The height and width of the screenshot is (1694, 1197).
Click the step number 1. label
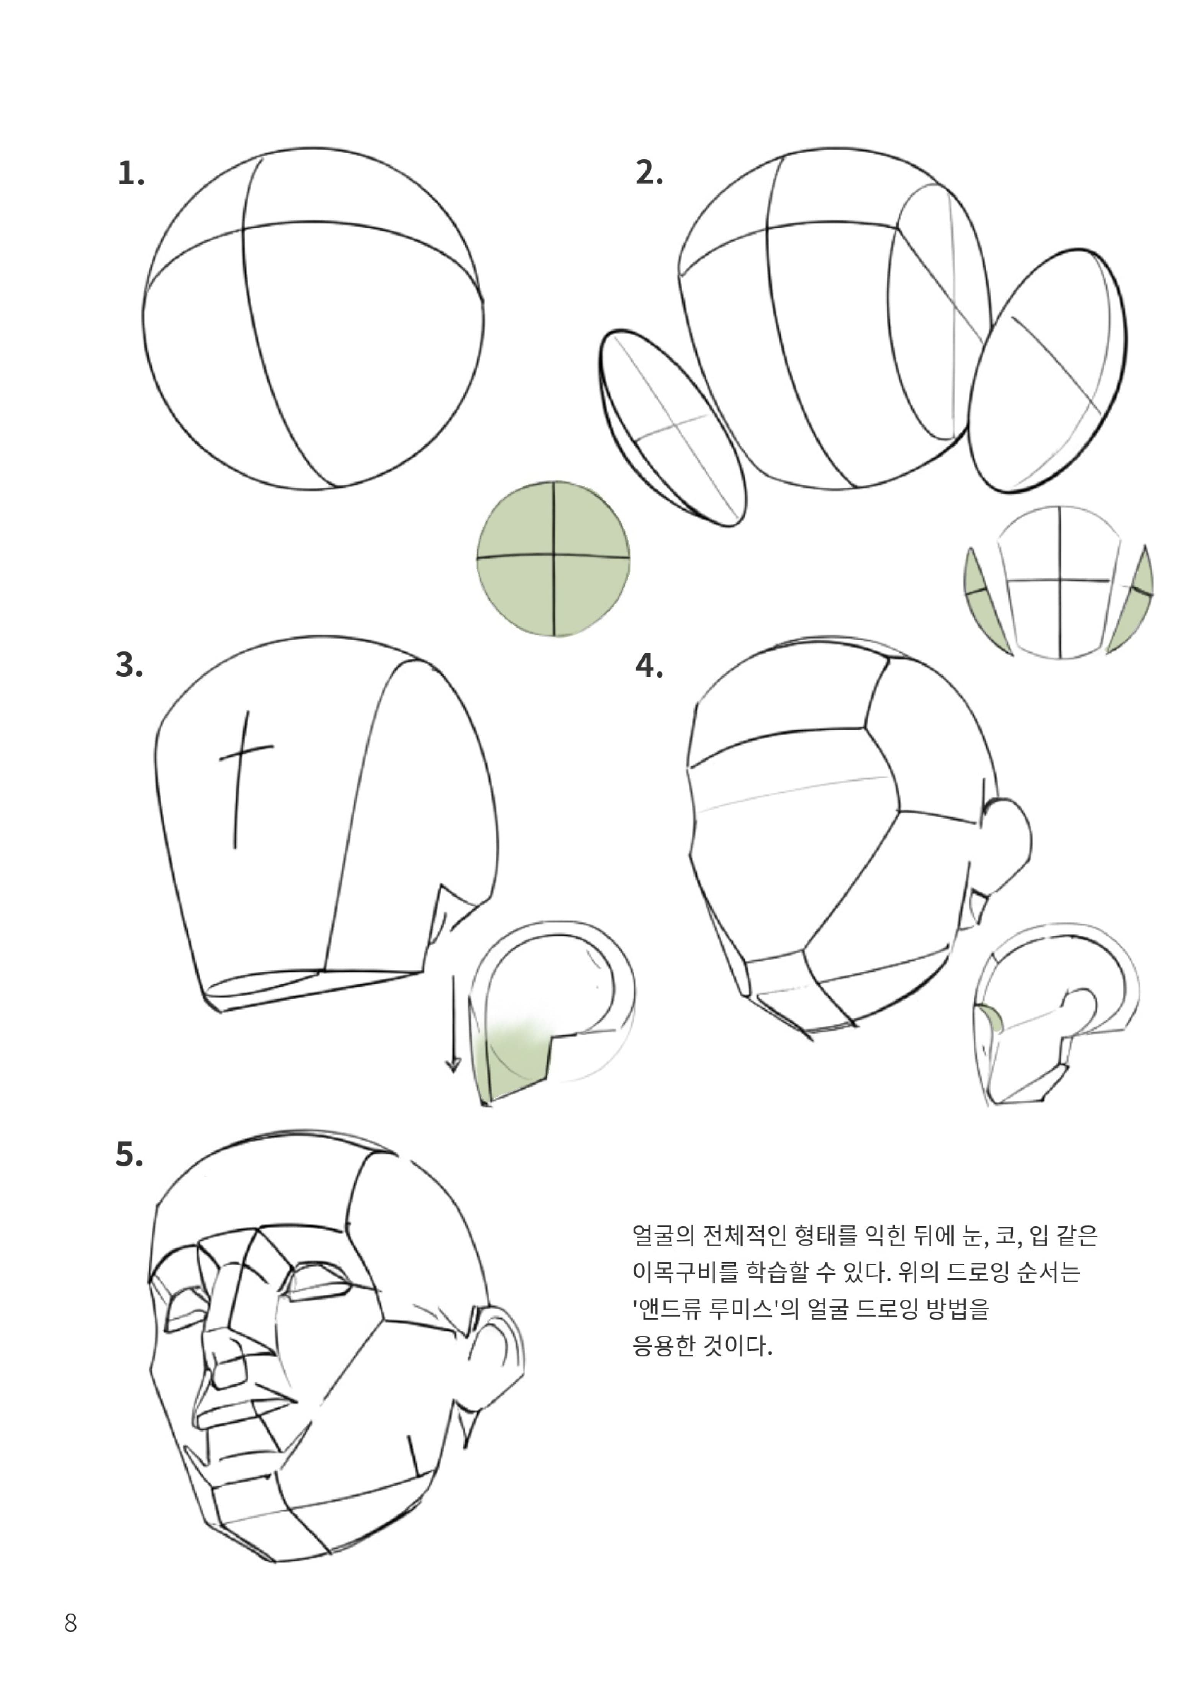(x=131, y=174)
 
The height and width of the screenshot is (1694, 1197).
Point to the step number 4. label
(x=649, y=666)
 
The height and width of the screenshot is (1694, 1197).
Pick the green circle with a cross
(x=553, y=559)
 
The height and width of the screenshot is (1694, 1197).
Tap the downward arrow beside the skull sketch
(x=453, y=1025)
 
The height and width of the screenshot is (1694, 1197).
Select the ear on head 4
(x=1008, y=837)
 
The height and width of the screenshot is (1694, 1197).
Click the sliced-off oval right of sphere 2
(x=1047, y=371)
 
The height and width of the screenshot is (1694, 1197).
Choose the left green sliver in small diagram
(x=985, y=601)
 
